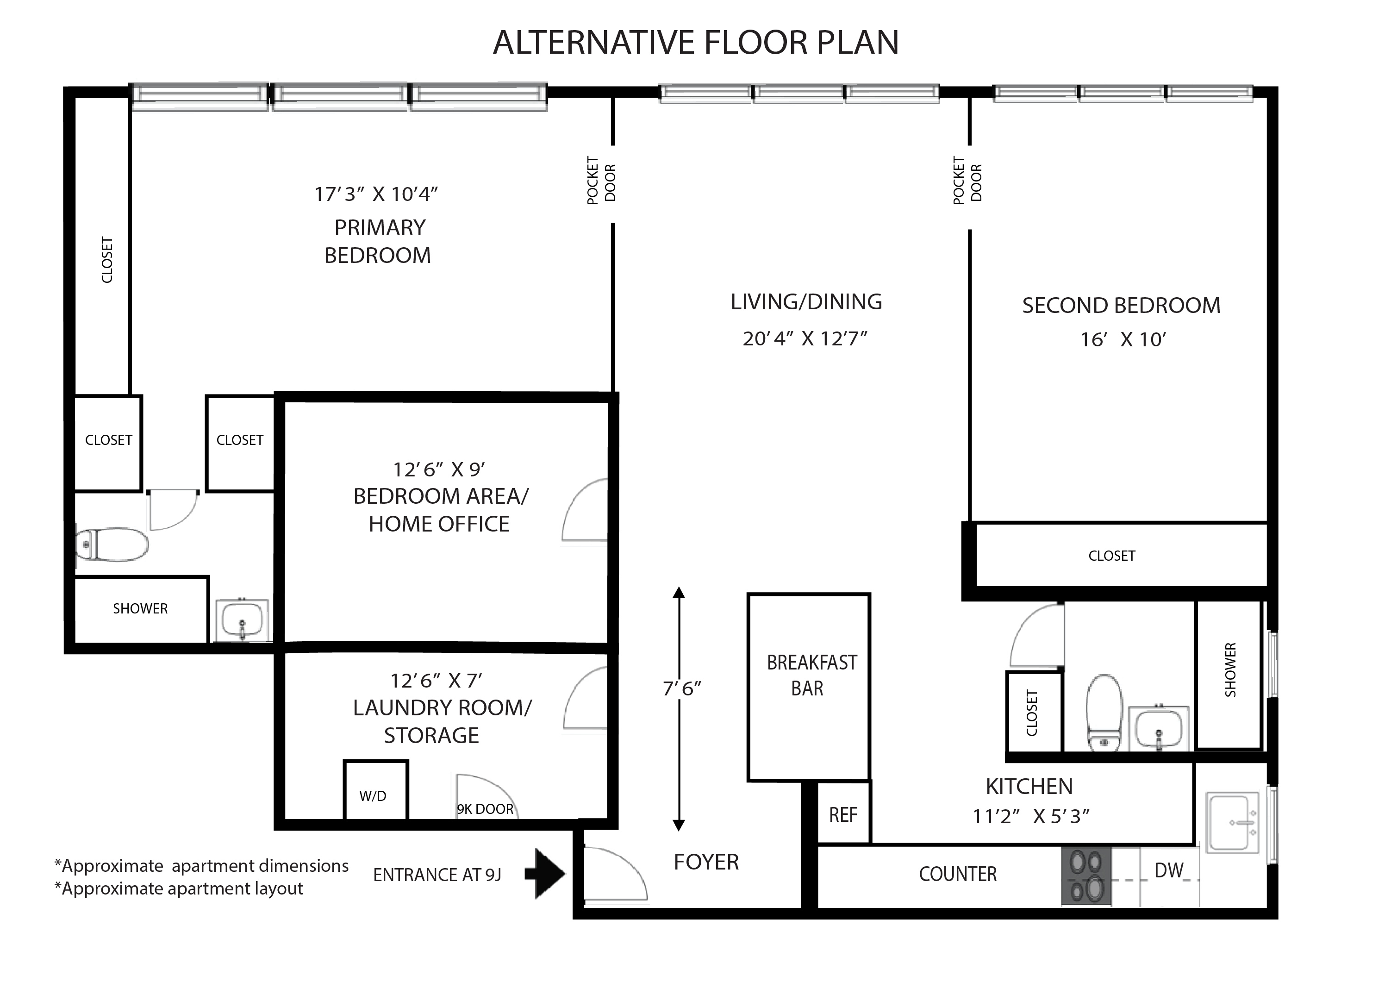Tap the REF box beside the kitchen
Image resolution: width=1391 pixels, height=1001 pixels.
(x=843, y=813)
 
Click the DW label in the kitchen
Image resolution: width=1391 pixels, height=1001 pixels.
(x=1168, y=870)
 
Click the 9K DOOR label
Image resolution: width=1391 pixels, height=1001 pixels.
(x=485, y=809)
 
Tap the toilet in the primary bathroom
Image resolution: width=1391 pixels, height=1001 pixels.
(x=112, y=544)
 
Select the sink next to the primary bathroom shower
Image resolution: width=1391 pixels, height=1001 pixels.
(x=242, y=620)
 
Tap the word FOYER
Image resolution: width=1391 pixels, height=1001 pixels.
(x=706, y=862)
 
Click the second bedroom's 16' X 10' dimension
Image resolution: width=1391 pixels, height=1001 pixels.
(x=1123, y=339)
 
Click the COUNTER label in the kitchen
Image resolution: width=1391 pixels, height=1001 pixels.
(x=957, y=874)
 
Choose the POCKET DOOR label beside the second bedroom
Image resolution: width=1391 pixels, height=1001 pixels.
(x=967, y=180)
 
